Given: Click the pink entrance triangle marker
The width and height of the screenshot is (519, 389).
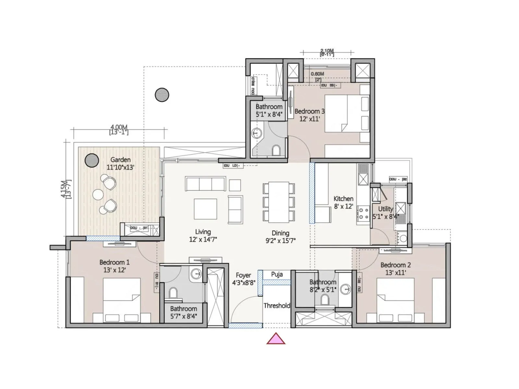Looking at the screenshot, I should pyautogui.click(x=276, y=339).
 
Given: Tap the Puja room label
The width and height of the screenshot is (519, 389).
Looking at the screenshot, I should pyautogui.click(x=277, y=275).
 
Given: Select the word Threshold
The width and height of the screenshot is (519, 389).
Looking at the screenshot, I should pyautogui.click(x=276, y=305).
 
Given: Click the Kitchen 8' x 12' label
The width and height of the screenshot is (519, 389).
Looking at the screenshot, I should pyautogui.click(x=343, y=202).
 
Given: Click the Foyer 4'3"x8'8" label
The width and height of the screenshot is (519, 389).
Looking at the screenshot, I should pyautogui.click(x=243, y=279).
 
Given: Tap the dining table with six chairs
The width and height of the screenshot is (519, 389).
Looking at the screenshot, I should pyautogui.click(x=279, y=202).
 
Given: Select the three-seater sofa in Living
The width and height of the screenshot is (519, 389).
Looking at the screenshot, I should pyautogui.click(x=205, y=184).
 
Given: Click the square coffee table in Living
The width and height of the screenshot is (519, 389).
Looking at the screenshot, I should pyautogui.click(x=205, y=209).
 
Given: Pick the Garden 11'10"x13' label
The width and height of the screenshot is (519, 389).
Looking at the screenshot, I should pyautogui.click(x=120, y=163).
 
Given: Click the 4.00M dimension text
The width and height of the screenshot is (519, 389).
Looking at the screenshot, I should pyautogui.click(x=119, y=127).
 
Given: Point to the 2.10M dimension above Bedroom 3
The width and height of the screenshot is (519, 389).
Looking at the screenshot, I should pyautogui.click(x=327, y=51).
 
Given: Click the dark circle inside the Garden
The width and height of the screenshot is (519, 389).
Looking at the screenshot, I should pyautogui.click(x=91, y=160).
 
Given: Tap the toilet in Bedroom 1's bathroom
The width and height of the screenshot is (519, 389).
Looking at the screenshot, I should pyautogui.click(x=173, y=293).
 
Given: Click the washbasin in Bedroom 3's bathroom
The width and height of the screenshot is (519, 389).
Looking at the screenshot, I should pyautogui.click(x=257, y=133).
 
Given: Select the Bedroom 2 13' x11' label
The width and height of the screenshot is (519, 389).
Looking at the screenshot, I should pyautogui.click(x=395, y=269).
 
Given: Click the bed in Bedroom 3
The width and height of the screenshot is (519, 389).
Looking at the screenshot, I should pyautogui.click(x=347, y=113).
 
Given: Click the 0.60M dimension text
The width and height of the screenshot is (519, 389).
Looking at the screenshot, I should pyautogui.click(x=317, y=74).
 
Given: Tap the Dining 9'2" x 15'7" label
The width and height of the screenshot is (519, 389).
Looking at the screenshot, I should pyautogui.click(x=280, y=237).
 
